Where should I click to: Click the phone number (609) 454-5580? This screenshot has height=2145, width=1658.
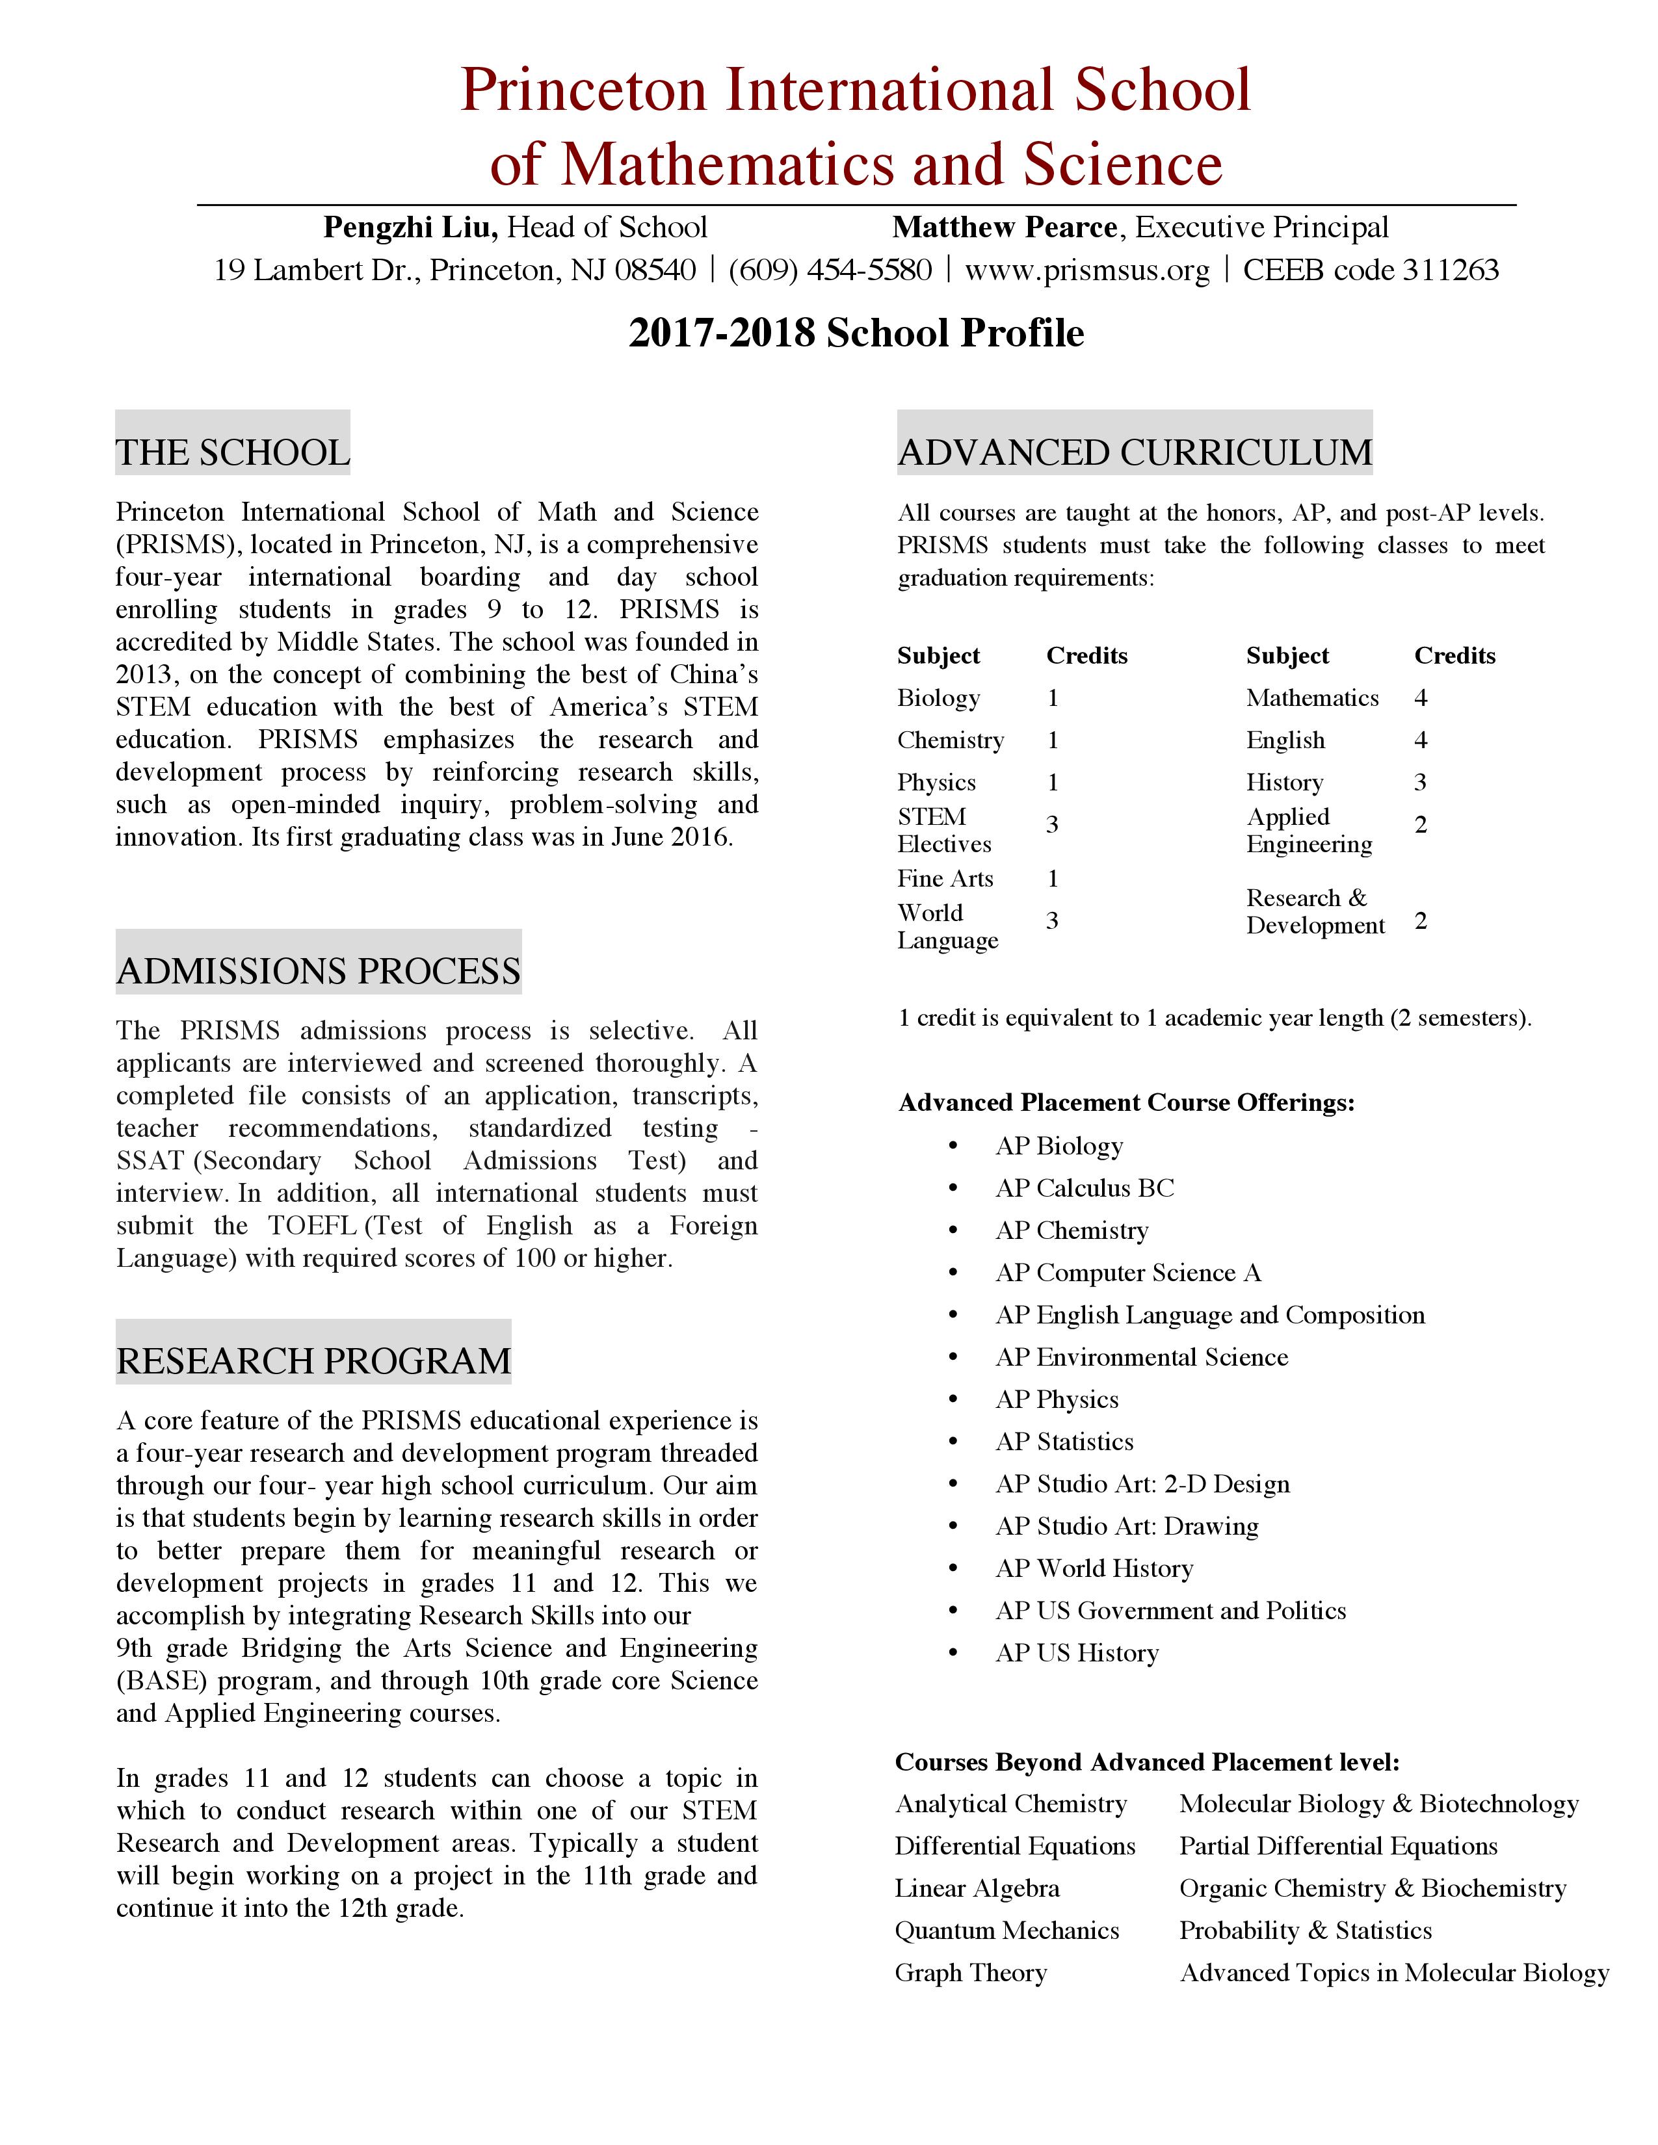point(830,270)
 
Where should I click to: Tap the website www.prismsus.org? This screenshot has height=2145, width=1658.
point(1086,270)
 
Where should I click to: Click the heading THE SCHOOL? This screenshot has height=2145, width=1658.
point(233,453)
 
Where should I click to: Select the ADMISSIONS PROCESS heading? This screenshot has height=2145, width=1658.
point(318,971)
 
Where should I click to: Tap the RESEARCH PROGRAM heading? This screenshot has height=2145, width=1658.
point(313,1361)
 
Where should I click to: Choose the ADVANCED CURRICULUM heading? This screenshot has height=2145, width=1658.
point(1135,453)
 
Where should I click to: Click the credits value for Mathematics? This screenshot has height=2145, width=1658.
point(1420,698)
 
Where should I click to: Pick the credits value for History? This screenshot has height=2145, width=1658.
point(1420,783)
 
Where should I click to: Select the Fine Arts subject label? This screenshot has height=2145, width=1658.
point(945,879)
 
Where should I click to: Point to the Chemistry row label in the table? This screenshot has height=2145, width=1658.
point(950,740)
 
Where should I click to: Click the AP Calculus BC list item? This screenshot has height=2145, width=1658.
point(1085,1188)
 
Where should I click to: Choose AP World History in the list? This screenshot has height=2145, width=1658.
point(1094,1568)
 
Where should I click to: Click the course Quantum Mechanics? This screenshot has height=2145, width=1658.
point(1007,1931)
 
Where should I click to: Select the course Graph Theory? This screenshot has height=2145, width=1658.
point(971,1973)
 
